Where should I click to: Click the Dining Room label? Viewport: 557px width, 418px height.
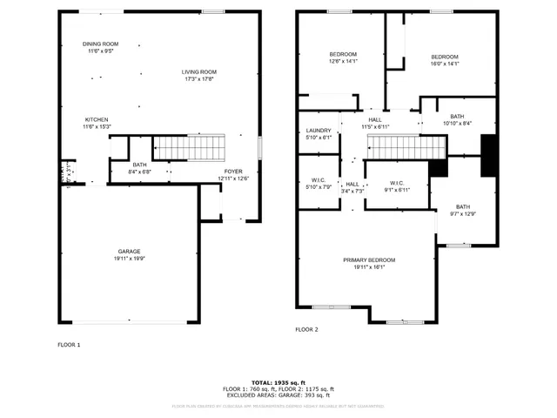[x=100, y=44]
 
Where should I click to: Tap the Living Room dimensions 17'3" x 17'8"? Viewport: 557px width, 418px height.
[x=198, y=79]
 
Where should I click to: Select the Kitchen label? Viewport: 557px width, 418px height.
[x=96, y=119]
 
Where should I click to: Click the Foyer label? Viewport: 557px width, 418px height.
[x=233, y=171]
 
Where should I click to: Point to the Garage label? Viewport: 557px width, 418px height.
[x=129, y=251]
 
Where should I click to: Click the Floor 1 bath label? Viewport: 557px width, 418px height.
[x=139, y=165]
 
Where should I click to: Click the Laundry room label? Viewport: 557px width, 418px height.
[x=319, y=130]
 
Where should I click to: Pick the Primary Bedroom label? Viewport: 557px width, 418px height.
[x=369, y=260]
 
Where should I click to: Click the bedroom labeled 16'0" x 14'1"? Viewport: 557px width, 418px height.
[x=444, y=57]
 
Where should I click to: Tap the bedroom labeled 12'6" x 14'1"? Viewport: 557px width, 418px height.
[x=343, y=54]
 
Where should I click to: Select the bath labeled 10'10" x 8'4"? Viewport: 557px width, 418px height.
[x=457, y=117]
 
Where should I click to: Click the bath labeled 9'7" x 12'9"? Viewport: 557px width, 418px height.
[x=462, y=206]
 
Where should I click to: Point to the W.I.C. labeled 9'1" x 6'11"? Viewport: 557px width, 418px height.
[x=396, y=183]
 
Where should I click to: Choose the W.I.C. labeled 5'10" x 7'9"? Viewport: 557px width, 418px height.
[x=319, y=180]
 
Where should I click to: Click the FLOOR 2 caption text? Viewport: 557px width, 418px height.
[x=306, y=330]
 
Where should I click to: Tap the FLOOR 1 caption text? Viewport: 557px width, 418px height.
[x=69, y=345]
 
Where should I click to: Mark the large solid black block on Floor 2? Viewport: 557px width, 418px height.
[x=488, y=156]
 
